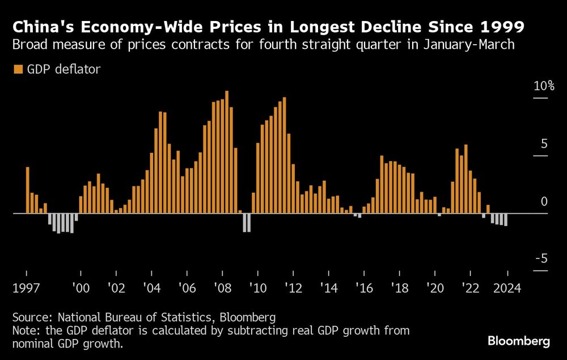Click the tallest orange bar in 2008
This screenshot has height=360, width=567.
227,152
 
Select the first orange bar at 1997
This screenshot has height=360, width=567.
28,190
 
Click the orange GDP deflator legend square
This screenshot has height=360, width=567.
18,69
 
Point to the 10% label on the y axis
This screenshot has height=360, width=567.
543,86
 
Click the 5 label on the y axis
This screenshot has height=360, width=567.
544,143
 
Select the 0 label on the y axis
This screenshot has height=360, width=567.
544,201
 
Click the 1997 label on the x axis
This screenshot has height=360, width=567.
27,287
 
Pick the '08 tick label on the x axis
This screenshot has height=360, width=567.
222,287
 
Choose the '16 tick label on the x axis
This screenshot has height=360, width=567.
365,287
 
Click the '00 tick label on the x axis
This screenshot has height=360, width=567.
81,287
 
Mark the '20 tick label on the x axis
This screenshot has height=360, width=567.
435,287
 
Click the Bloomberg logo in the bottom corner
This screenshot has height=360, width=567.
519,341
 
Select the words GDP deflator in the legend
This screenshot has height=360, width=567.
64,69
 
